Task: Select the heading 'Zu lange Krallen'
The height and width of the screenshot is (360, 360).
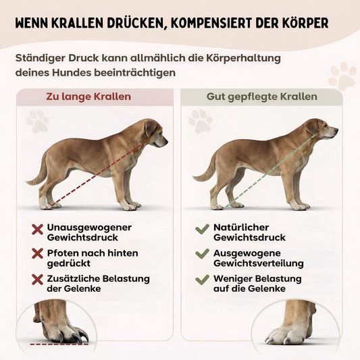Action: coord(88,97)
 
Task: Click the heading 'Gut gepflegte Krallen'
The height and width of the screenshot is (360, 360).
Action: coord(262,97)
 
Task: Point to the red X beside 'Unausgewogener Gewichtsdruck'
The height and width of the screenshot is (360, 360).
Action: coord(37,230)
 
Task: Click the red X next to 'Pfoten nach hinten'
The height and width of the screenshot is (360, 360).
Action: coord(37,253)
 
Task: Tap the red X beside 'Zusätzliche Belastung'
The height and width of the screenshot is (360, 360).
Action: coord(37,280)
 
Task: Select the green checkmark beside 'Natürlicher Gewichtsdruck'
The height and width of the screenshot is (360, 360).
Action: coord(202,229)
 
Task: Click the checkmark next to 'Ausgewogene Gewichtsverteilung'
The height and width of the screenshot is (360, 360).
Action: coord(202,253)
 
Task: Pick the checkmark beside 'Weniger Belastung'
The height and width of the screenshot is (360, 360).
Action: coord(202,280)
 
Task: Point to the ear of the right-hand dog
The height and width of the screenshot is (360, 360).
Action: coord(311,128)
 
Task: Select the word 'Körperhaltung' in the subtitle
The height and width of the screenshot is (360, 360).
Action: coord(243,58)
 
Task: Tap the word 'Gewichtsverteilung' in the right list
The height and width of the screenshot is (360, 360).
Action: coord(259,263)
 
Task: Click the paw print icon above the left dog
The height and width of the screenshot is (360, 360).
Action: coord(38,121)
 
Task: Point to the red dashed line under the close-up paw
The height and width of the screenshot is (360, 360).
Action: coord(59,344)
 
